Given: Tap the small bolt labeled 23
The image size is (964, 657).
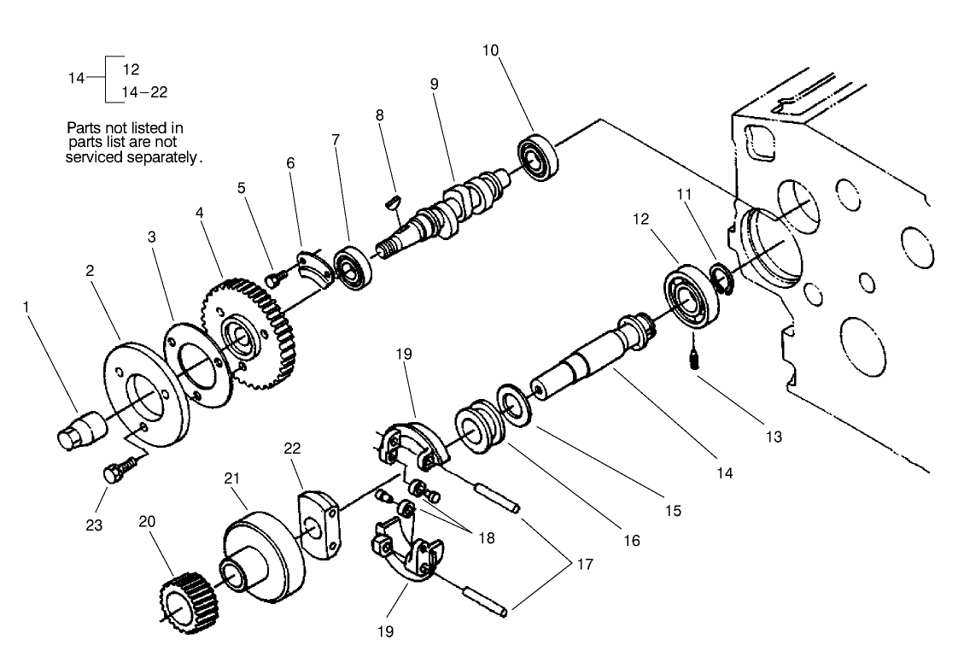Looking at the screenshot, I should point(117,472).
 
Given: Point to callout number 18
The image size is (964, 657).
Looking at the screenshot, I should point(486,538).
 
